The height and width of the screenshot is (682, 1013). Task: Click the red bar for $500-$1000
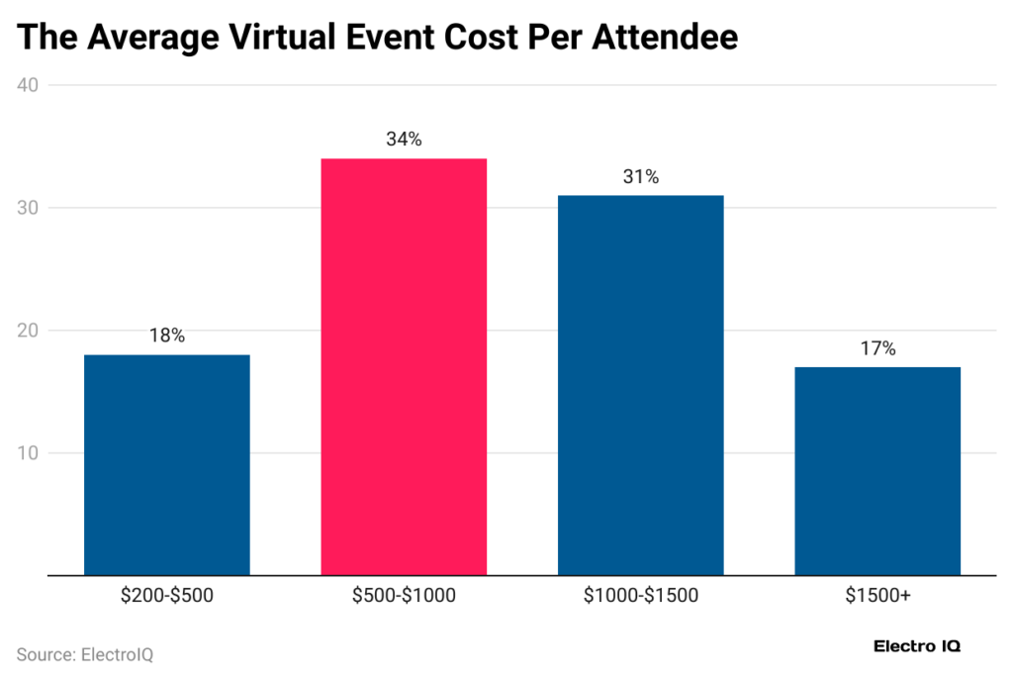coord(404,366)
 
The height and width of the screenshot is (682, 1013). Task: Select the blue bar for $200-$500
coord(166,464)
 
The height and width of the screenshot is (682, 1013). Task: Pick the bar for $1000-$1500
coord(640,385)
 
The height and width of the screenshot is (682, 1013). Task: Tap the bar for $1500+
coord(876,470)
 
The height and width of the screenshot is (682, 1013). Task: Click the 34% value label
coord(404,140)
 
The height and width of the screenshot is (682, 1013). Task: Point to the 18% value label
coord(166,336)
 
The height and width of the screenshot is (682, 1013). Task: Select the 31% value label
coord(640,177)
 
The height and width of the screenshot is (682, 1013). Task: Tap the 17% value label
coord(876,348)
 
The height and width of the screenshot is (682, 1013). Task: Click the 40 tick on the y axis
coord(28,85)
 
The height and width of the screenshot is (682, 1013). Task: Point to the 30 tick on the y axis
coord(28,208)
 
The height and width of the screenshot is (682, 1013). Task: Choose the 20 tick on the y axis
coord(28,331)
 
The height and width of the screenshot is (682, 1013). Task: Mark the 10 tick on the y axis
coord(28,453)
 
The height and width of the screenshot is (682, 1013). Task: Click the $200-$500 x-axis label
coord(166,596)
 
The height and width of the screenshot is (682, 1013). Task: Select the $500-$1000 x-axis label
coord(404,596)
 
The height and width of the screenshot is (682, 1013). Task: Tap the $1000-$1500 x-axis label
coord(640,596)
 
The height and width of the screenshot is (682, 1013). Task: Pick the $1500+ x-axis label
coord(876,596)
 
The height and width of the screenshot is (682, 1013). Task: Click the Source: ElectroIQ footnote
coord(85,654)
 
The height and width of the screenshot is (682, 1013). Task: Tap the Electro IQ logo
coord(917,646)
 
